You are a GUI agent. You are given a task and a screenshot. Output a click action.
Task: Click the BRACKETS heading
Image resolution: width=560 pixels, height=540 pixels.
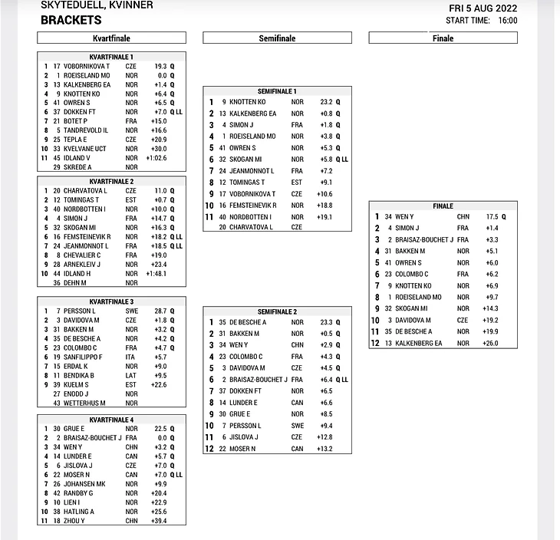pyautogui.click(x=71, y=20)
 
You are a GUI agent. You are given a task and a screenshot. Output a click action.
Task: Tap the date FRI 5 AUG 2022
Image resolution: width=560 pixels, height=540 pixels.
pyautogui.click(x=483, y=8)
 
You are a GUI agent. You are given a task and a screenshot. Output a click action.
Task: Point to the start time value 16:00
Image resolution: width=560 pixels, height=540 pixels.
pyautogui.click(x=507, y=21)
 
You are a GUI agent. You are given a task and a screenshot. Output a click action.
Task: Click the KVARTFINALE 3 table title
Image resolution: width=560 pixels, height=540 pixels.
pyautogui.click(x=111, y=301)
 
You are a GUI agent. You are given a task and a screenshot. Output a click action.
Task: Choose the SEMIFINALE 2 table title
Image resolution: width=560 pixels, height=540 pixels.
pyautogui.click(x=277, y=311)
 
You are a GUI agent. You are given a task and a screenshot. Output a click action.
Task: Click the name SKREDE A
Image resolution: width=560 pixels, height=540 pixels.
pyautogui.click(x=77, y=167)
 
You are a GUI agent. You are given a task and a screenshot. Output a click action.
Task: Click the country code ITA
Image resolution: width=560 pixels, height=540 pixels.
pyautogui.click(x=131, y=357)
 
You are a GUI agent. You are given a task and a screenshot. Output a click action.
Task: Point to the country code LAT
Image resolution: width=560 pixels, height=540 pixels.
pyautogui.click(x=131, y=376)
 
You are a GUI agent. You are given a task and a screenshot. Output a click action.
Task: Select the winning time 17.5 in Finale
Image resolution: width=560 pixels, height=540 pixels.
pyautogui.click(x=492, y=217)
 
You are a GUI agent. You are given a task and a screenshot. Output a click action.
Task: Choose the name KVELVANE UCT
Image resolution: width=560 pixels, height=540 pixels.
pyautogui.click(x=84, y=148)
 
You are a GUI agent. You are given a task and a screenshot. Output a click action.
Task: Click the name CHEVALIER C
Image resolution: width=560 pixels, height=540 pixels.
pyautogui.click(x=82, y=255)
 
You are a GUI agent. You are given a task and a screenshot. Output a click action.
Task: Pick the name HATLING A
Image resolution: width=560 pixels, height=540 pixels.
pyautogui.click(x=79, y=512)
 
